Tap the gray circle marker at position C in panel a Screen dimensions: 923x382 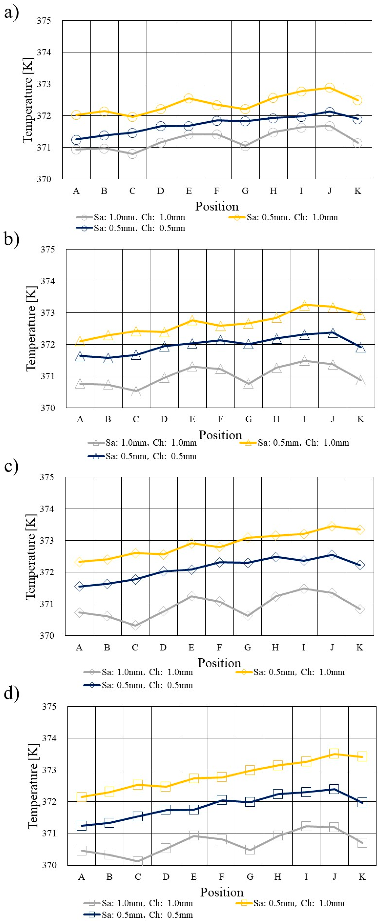coord(132,154)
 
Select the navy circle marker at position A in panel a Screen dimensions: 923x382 coord(76,139)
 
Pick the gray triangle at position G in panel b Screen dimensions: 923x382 coord(248,384)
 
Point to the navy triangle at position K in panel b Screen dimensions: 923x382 coord(361,347)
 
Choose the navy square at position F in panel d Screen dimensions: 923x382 coord(222,800)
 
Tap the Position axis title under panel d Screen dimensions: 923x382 coord(222,892)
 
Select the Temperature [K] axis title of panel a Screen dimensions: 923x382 coord(28,100)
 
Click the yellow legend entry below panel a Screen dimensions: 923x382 coord(283,217)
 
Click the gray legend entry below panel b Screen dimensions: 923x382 coord(142,442)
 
